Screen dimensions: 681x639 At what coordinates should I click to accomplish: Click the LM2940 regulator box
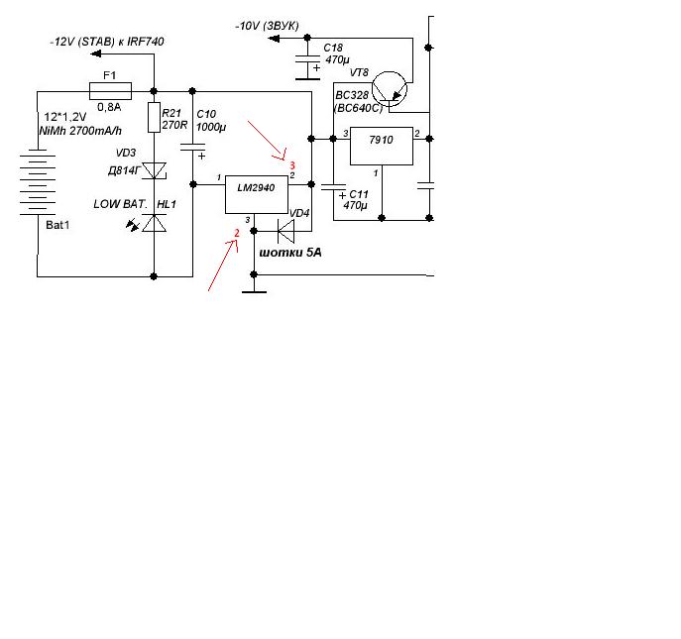point(257,194)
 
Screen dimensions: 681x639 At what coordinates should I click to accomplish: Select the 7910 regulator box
point(382,146)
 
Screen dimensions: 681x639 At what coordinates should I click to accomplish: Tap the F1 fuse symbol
point(110,91)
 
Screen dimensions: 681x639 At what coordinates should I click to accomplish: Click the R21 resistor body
point(155,117)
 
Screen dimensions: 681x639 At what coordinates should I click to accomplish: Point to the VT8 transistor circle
point(390,89)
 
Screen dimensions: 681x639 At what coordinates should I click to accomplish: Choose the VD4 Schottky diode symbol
point(286,231)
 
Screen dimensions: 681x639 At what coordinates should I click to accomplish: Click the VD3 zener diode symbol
point(155,171)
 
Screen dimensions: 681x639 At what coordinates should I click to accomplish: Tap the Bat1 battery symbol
point(38,182)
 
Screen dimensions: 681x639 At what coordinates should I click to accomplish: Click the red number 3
point(292,165)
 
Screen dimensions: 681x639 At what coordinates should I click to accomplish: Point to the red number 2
point(237,233)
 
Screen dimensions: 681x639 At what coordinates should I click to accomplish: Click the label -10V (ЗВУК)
point(267,26)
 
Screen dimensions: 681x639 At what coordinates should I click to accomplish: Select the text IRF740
point(146,42)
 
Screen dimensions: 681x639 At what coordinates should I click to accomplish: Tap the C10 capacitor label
point(206,114)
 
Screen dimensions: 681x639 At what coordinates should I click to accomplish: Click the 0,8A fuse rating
point(109,107)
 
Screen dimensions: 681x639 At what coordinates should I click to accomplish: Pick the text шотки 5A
point(290,253)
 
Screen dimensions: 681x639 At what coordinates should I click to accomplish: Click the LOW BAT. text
point(120,204)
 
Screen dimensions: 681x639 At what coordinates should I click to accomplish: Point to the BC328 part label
point(352,95)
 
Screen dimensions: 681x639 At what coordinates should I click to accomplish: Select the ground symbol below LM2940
point(254,291)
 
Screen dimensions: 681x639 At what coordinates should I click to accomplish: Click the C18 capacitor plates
point(307,59)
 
